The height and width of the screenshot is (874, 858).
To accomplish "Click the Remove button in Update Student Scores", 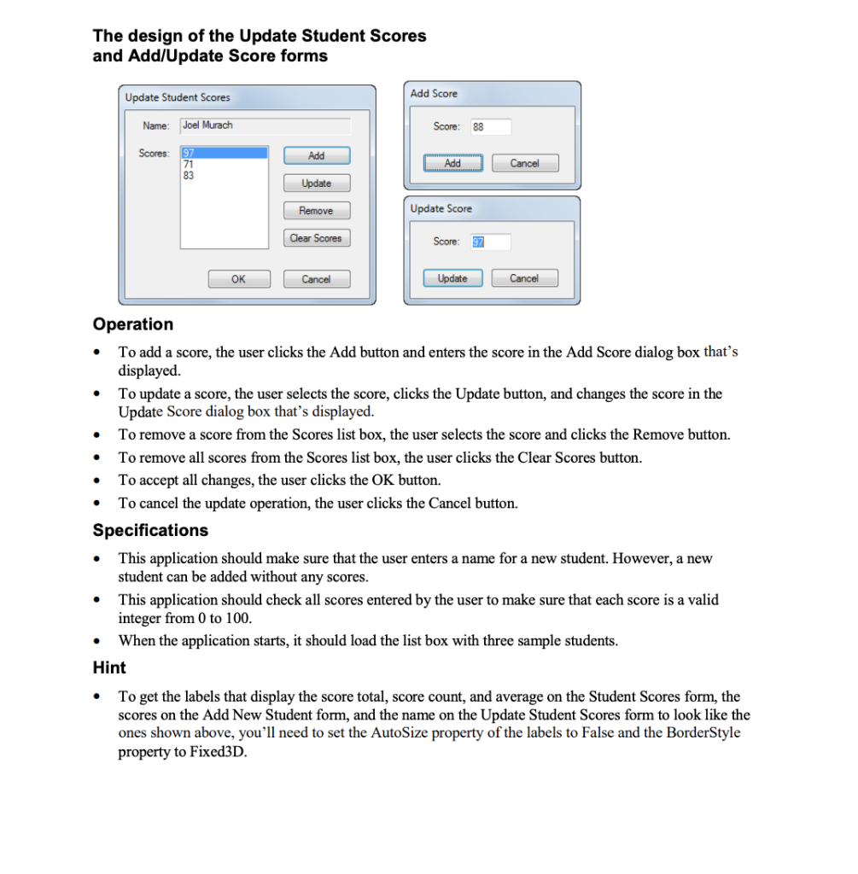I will (x=316, y=211).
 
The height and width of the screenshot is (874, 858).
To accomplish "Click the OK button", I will (x=238, y=279).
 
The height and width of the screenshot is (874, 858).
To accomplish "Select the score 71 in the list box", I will (x=189, y=164).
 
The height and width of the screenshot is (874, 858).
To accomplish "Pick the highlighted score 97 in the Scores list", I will (x=189, y=153).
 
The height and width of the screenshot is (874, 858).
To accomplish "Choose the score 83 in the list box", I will (x=189, y=175).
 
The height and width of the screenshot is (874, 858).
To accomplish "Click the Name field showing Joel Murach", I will (x=265, y=125).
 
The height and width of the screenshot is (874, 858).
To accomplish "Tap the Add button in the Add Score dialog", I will (x=452, y=163).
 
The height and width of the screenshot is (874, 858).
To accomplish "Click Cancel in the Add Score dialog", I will (x=524, y=163).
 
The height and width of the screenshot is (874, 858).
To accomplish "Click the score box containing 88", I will (x=489, y=127).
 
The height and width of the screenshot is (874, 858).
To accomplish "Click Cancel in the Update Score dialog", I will (x=524, y=278).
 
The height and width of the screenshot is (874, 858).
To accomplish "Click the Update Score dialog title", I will (x=441, y=208).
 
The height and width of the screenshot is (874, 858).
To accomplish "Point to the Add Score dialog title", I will (x=434, y=93).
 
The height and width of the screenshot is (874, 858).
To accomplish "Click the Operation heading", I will (x=132, y=324).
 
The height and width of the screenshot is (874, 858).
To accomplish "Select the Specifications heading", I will (x=150, y=530).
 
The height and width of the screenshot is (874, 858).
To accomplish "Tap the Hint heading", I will (x=109, y=667).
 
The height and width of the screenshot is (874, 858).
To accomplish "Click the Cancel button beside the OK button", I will (x=316, y=279).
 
